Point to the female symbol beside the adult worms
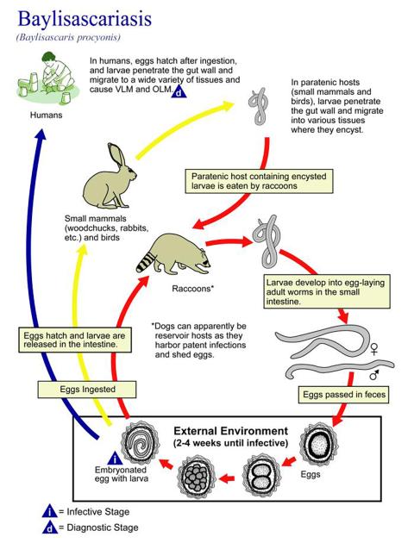(373, 347)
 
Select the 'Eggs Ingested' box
(74, 389)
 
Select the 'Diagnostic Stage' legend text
(97, 527)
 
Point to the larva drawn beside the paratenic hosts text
(256, 107)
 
